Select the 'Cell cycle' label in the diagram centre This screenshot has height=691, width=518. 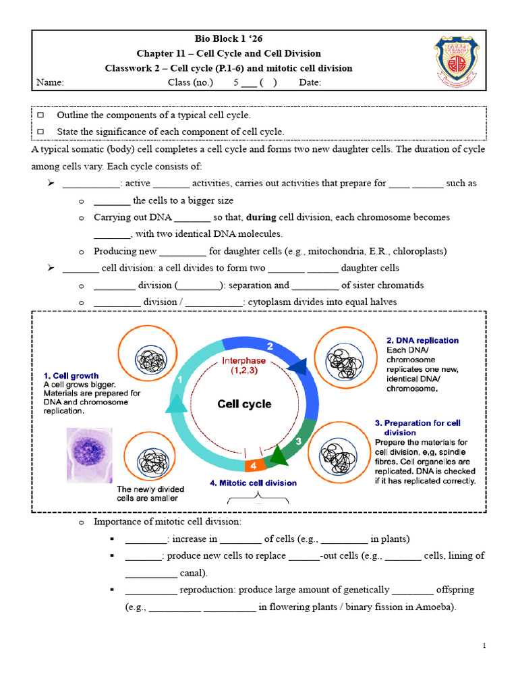click(244, 404)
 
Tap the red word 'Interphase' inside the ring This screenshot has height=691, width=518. click(244, 360)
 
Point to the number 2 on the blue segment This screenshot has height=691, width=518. click(270, 346)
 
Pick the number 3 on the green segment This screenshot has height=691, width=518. click(299, 441)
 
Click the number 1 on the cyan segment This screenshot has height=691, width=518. click(180, 380)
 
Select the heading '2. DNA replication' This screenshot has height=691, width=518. click(422, 340)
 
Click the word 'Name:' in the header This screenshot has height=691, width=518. click(49, 82)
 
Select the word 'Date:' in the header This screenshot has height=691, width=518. click(310, 82)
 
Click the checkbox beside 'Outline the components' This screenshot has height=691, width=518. click(40, 115)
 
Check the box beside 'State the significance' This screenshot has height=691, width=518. click(40, 132)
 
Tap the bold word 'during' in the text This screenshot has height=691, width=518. click(261, 217)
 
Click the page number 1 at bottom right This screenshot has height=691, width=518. click(484, 646)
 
